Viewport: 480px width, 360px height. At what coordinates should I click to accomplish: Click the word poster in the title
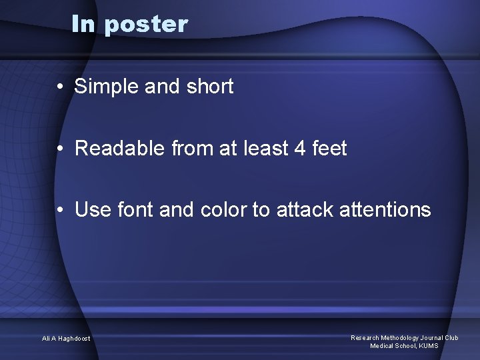point(147,25)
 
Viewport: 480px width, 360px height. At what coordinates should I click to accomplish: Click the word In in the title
point(84,24)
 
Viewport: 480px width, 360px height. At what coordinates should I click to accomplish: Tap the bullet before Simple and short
point(60,87)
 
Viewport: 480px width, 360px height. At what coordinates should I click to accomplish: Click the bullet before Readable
point(60,149)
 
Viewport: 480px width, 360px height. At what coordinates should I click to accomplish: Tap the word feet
point(329,148)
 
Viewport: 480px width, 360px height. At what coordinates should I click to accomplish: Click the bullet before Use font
point(60,211)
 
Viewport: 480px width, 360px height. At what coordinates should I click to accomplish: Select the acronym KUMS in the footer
point(428,346)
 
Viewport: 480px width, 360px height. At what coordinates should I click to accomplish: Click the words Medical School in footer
point(393,346)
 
